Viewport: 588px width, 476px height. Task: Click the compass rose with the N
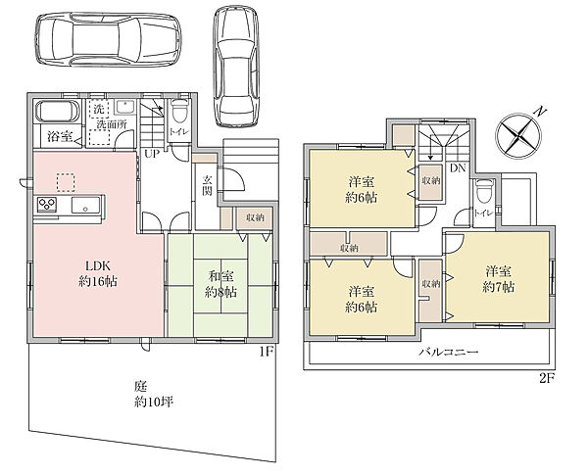[518, 135]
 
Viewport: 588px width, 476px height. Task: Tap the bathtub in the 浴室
[58, 112]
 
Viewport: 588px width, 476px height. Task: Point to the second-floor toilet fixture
[484, 191]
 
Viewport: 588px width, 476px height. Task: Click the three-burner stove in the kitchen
[47, 205]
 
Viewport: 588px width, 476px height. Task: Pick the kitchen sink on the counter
[86, 206]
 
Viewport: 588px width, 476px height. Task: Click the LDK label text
[98, 266]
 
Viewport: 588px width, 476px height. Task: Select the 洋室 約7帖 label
[499, 279]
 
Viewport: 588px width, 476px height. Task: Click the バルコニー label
[449, 353]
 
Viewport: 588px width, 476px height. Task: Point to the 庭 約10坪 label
[154, 395]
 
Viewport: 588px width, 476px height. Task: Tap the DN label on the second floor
[458, 168]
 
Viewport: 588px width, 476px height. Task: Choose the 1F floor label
[268, 352]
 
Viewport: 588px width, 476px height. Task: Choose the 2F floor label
[547, 379]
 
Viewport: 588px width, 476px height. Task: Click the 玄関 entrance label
[207, 185]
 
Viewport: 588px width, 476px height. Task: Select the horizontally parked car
[109, 40]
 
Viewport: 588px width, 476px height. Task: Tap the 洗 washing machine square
[99, 109]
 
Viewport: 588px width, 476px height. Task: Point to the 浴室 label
[60, 137]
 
